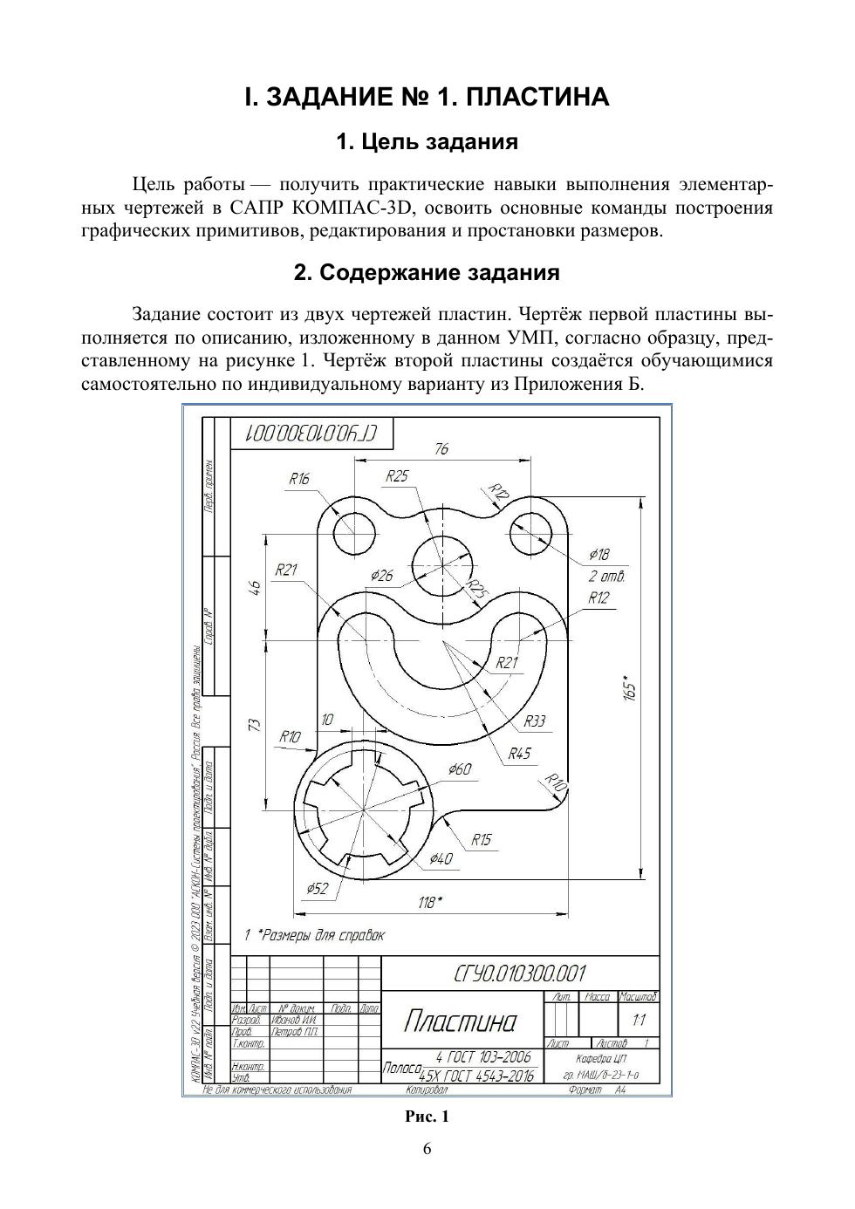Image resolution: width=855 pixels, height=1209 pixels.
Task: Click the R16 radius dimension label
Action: (299, 479)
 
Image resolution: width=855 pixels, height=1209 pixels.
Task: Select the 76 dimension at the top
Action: (441, 449)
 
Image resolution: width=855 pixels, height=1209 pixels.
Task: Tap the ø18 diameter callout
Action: (599, 554)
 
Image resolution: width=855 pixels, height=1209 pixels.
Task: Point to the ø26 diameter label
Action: (382, 575)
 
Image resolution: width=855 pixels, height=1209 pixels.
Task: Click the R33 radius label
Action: (535, 721)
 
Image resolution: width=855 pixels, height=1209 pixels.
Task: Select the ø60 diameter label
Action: (459, 768)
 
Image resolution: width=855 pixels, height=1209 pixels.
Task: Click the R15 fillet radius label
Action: (482, 840)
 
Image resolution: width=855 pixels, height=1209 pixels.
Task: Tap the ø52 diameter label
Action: (318, 888)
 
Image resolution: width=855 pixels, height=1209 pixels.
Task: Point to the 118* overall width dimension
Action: (430, 903)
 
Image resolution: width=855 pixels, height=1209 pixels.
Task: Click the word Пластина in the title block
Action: (461, 1021)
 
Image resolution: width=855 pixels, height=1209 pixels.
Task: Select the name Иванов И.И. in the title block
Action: (294, 1019)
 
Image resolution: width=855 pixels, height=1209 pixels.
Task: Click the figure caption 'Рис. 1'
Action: (427, 1117)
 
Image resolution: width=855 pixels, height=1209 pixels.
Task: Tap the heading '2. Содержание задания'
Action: (427, 273)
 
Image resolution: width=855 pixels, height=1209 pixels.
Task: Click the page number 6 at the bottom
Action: (427, 1149)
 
